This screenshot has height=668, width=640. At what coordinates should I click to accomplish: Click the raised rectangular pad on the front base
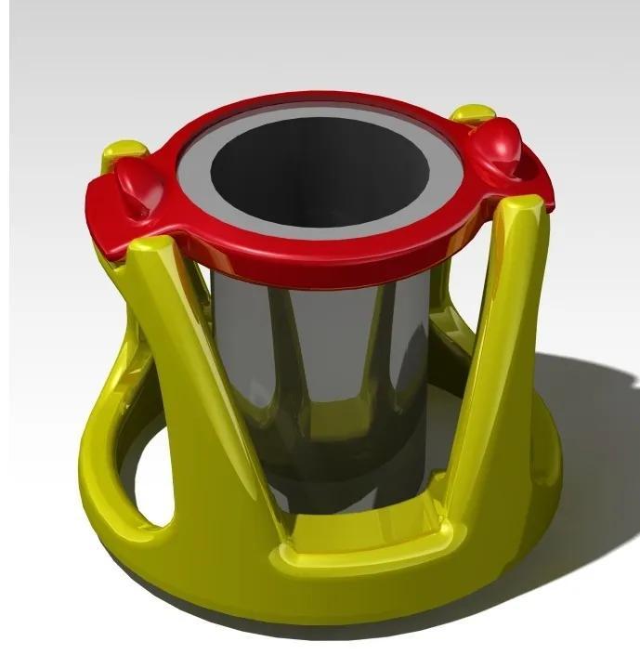[372, 539]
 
